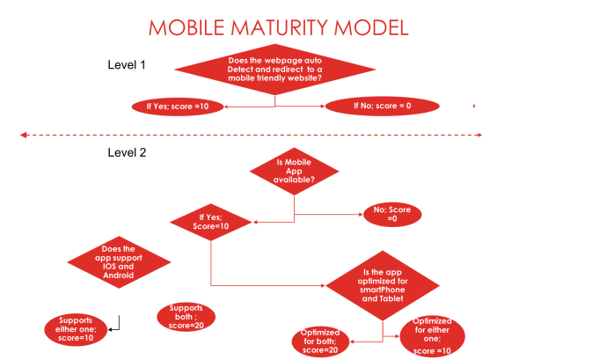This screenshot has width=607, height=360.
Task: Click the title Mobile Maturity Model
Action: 279,27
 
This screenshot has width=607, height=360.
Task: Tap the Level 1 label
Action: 127,65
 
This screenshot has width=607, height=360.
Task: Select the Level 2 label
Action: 127,152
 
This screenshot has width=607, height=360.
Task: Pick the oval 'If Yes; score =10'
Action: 177,107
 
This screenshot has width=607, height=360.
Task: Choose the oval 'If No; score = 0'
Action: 382,107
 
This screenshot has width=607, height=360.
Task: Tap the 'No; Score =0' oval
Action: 392,214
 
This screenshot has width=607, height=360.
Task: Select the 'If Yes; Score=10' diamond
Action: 211,221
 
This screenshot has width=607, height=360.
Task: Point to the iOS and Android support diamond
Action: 118,261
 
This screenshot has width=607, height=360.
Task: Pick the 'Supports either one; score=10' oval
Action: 76,328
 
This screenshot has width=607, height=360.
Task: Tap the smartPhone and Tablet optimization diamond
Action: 382,286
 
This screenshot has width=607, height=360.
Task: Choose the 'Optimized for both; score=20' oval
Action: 321,342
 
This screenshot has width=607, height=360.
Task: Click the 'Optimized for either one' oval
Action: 433,336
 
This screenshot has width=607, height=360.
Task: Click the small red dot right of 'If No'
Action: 474,107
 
